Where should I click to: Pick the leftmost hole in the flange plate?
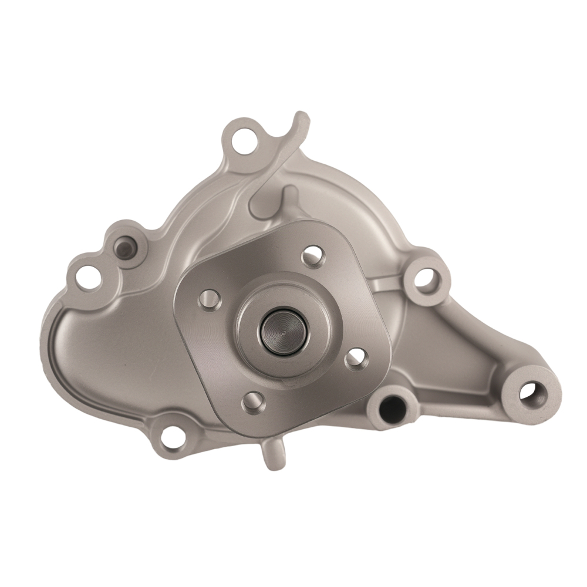207,299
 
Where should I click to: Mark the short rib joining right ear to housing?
390,286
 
